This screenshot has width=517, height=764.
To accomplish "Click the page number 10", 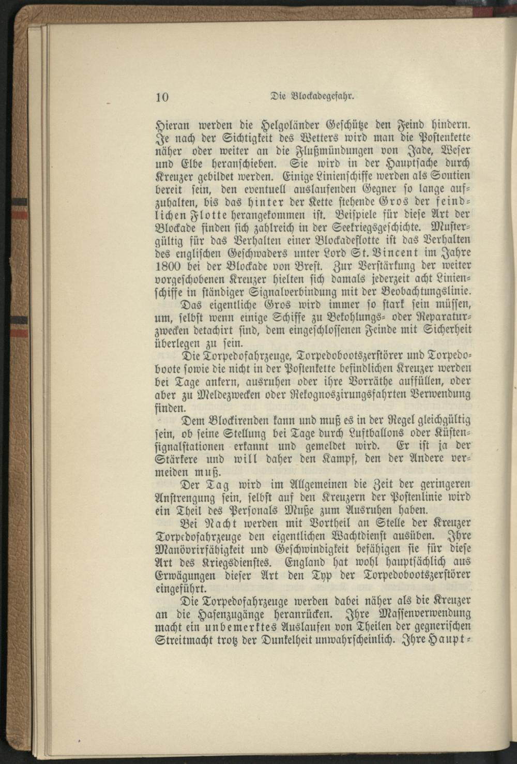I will click(x=162, y=98).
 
